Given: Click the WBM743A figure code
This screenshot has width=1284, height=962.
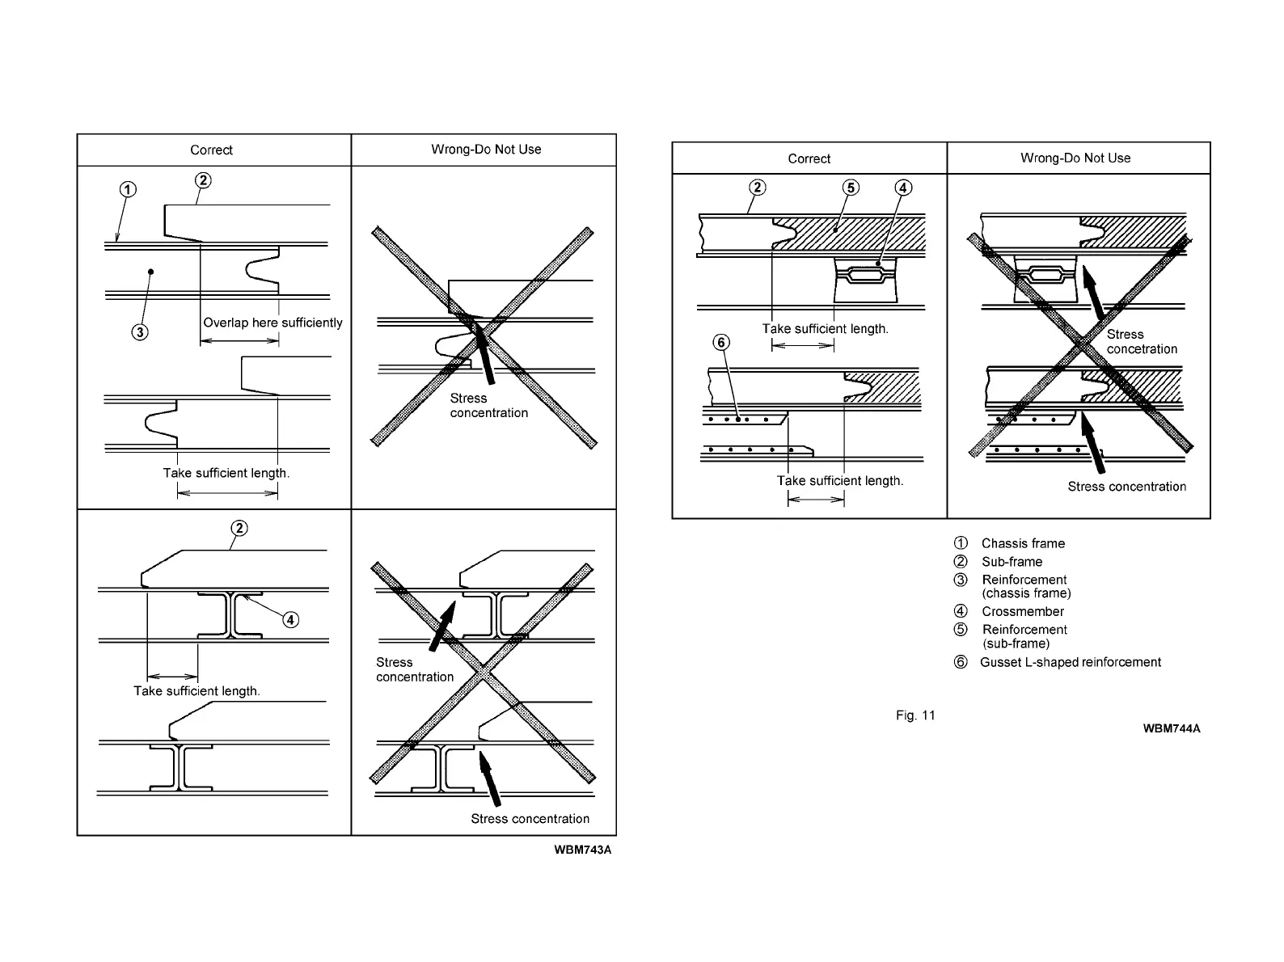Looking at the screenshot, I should click(x=583, y=850).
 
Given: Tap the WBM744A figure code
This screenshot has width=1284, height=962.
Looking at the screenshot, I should click(x=1171, y=728).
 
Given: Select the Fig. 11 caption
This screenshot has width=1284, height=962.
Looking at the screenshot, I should click(x=915, y=715).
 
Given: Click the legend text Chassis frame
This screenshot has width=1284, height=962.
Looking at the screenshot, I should click(x=1023, y=543).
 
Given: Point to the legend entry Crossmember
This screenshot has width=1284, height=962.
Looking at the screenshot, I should click(x=1023, y=612).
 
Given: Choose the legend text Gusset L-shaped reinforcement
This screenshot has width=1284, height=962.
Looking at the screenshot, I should click(x=1071, y=663).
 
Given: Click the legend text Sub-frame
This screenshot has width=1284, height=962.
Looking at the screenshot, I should click(x=1012, y=562).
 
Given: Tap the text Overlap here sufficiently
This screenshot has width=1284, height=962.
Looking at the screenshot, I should click(x=272, y=323).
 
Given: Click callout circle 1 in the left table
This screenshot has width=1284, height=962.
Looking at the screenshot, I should click(x=128, y=190).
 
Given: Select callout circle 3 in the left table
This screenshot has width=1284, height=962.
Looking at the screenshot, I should click(x=140, y=331).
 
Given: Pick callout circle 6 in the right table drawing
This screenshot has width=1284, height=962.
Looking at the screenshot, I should click(x=721, y=343).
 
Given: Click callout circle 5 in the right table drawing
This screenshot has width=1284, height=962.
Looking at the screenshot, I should click(x=851, y=188).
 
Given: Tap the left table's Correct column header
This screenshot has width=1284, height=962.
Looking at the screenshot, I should click(x=211, y=150).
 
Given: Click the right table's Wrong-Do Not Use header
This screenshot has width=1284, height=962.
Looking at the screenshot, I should click(x=1075, y=158).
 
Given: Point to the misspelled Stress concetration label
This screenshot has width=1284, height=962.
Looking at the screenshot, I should click(x=1141, y=342).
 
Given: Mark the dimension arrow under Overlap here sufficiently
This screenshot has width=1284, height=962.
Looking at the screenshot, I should click(x=239, y=341).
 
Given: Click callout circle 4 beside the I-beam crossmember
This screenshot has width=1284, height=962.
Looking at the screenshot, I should click(x=289, y=620).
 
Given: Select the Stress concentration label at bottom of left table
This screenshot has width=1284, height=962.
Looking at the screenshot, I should click(x=530, y=819).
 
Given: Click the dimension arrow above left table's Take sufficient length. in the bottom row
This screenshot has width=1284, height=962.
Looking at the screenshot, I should click(x=172, y=677).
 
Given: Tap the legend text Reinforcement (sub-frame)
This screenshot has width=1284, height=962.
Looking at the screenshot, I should click(x=1024, y=637).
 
